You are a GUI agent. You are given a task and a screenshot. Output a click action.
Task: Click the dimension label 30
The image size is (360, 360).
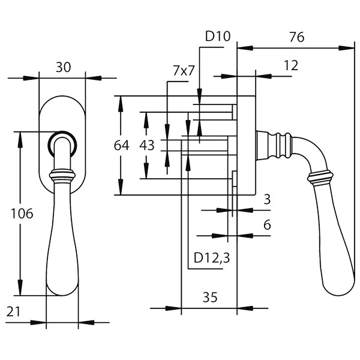tap(64, 67)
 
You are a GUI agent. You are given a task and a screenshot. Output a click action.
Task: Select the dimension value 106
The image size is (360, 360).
tap(22, 214)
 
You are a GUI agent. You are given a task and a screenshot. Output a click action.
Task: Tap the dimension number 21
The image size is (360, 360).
tap(13, 312)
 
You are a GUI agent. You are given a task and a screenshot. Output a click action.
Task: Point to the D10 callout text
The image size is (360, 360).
tap(217, 36)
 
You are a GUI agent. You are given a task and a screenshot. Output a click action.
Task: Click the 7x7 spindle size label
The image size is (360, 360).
tap(184, 70)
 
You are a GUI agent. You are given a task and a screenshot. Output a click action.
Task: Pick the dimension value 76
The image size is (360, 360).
tap(296, 37)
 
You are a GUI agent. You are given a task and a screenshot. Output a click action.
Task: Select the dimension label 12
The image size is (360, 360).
tap(291, 65)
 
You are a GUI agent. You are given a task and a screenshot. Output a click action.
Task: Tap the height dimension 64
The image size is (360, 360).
tap(121, 145)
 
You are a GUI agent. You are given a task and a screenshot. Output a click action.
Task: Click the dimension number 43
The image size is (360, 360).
tap(147, 145)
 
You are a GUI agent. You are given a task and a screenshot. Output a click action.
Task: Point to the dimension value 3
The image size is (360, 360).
tap(267, 199)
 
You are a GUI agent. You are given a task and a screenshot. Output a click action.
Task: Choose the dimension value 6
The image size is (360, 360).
tap(267, 225)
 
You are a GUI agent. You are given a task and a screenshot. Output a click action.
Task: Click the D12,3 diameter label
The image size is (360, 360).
tap(212, 258)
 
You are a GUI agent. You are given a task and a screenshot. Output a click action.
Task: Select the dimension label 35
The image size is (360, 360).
tap(210, 298)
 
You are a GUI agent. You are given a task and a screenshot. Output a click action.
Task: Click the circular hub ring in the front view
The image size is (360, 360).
tap(62, 133)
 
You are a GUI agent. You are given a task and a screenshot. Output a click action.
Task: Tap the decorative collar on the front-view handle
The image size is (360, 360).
tap(62, 175)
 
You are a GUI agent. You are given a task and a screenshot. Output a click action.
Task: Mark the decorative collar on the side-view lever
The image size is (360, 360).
tap(320, 178)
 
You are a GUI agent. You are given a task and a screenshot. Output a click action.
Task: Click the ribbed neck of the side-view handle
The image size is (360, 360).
tap(273, 146)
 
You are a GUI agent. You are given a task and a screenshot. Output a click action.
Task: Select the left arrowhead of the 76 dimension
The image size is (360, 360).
tap(245, 48)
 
